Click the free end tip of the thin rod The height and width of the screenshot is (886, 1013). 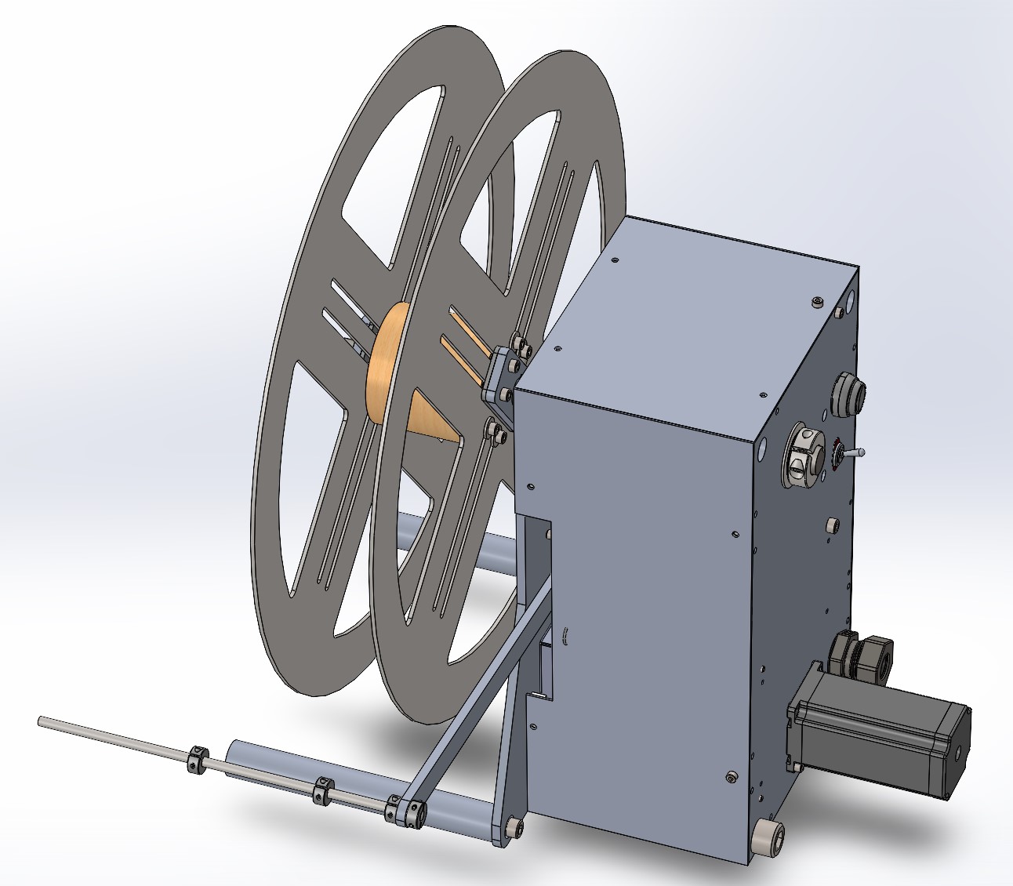41,721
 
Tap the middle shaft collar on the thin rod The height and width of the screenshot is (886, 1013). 322,790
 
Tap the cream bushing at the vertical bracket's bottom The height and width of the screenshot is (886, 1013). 514,827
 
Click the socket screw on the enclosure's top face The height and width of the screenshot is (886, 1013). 818,300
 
